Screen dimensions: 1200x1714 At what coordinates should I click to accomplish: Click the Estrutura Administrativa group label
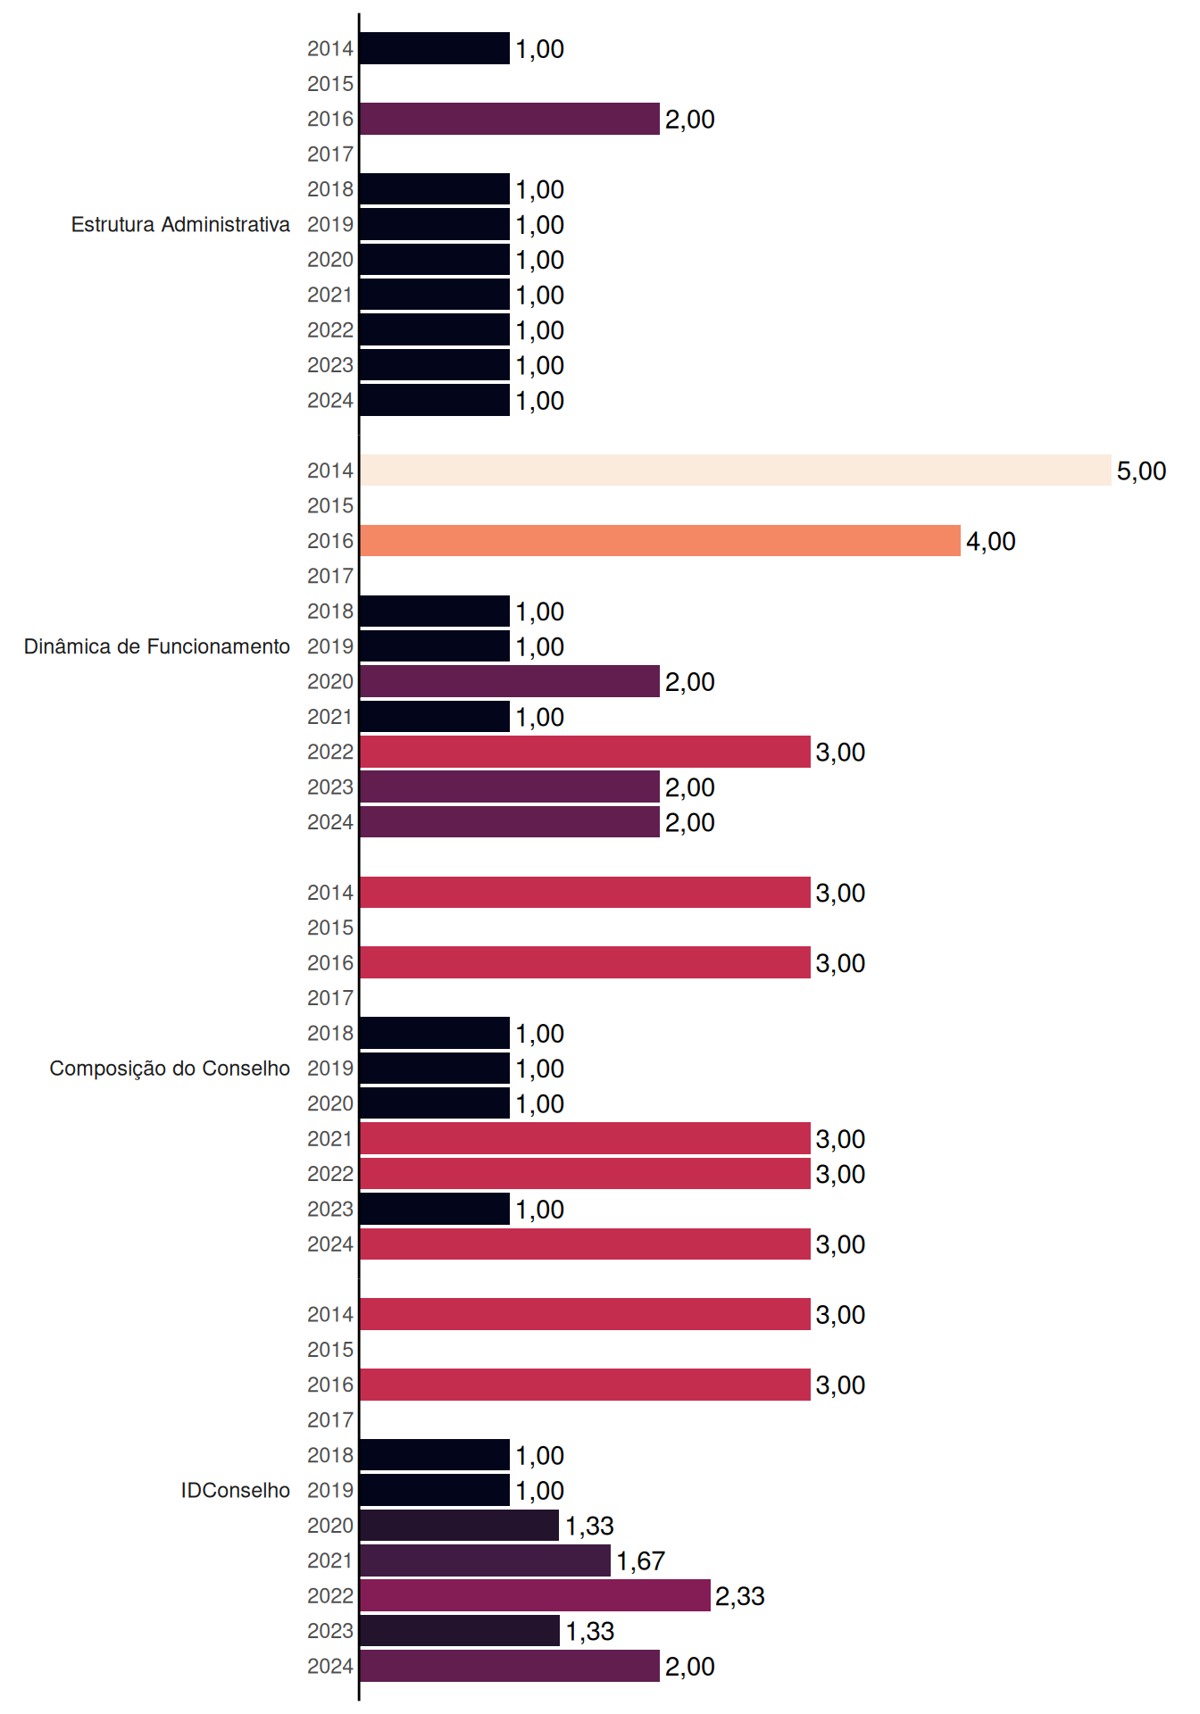[x=180, y=224]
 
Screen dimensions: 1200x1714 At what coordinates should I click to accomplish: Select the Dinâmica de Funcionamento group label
[x=157, y=646]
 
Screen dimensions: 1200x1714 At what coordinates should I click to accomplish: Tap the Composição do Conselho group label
[x=170, y=1069]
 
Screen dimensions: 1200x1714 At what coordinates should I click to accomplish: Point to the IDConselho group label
[x=236, y=1490]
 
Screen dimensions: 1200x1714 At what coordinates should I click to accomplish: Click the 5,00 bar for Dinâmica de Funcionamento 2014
[x=736, y=470]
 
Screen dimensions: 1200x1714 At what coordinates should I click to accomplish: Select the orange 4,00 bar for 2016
[x=661, y=541]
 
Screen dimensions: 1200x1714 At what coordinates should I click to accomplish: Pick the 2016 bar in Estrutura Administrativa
[x=510, y=119]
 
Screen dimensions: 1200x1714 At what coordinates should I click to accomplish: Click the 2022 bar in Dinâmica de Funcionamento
[x=585, y=752]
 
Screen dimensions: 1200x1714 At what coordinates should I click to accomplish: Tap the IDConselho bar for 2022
[x=535, y=1595]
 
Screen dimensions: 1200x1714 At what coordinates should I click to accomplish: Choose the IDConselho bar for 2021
[x=485, y=1560]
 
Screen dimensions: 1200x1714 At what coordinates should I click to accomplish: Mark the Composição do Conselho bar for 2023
[x=435, y=1209]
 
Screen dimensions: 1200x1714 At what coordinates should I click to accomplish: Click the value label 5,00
[x=1141, y=470]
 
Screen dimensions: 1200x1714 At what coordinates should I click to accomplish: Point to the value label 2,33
[x=740, y=1595]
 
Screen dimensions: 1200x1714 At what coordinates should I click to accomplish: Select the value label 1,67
[x=640, y=1560]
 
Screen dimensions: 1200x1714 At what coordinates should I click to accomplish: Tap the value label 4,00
[x=991, y=541]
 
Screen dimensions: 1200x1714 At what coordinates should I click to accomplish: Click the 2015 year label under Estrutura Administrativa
[x=330, y=84]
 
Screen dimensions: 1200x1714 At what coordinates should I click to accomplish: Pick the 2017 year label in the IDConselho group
[x=330, y=1419]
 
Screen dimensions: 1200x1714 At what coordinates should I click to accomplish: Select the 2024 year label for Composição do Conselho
[x=330, y=1244]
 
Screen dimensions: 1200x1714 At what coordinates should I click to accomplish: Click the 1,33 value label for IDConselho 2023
[x=590, y=1631]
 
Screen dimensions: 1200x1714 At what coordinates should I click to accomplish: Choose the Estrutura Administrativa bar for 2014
[x=435, y=48]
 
